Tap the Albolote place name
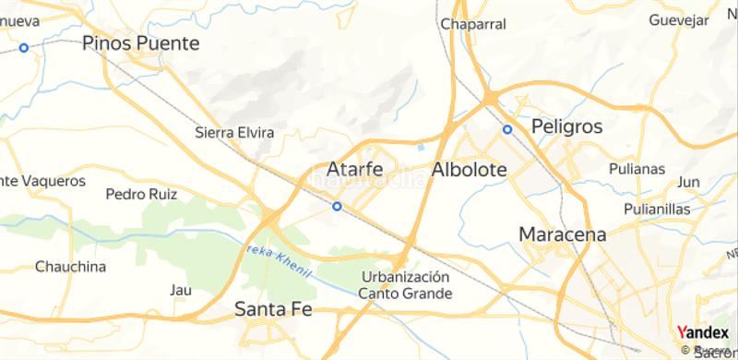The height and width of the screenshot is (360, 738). point(469,171)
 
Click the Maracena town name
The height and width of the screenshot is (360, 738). point(563,234)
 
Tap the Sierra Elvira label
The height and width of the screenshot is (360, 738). point(235,133)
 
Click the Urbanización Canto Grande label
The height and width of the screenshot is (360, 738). point(405,285)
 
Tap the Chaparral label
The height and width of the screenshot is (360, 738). point(474,24)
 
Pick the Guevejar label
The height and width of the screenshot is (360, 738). point(677,19)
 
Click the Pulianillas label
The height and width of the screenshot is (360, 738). point(657,210)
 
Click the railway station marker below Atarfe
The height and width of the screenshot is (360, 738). point(338,207)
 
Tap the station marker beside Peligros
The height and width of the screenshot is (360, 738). point(506,129)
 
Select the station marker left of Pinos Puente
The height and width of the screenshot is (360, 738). point(25,47)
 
